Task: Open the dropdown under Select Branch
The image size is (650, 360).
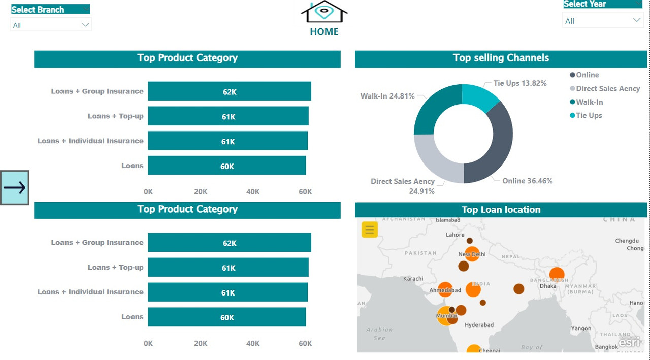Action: [x=51, y=25]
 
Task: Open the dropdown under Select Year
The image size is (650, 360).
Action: [x=603, y=21]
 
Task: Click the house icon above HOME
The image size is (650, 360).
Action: [x=324, y=12]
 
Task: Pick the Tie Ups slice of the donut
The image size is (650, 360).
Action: [x=478, y=96]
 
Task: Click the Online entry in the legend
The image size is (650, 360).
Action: [x=587, y=75]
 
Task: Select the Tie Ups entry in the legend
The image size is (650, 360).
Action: [x=589, y=115]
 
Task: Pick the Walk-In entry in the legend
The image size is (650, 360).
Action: [x=589, y=102]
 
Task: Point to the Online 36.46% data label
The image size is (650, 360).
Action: [x=527, y=181]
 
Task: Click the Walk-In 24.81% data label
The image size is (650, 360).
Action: [x=387, y=96]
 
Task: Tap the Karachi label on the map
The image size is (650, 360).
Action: [x=413, y=279]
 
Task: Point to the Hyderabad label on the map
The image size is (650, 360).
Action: [x=479, y=325]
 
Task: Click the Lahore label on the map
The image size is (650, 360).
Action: [x=455, y=235]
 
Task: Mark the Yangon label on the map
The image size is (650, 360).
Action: [x=581, y=328]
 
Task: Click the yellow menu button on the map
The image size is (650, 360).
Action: [x=370, y=230]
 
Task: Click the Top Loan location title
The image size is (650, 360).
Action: [x=501, y=210]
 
